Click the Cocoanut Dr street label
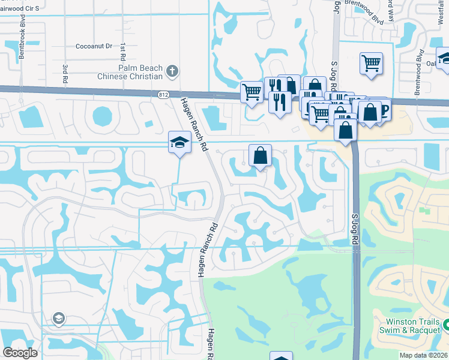coord(95,46)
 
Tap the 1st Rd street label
coord(122,55)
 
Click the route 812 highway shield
coord(164,95)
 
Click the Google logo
coord(20,353)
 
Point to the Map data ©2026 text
coord(424,355)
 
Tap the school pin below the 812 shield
coord(179,142)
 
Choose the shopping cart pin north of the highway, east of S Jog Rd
coord(372,62)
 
